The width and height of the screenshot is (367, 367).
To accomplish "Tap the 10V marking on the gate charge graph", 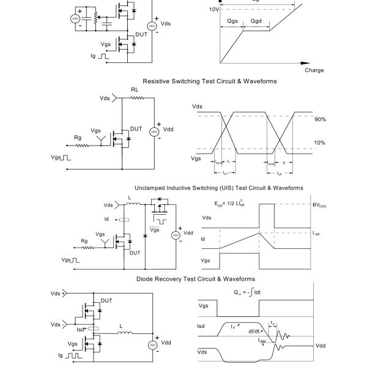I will click(x=214, y=10).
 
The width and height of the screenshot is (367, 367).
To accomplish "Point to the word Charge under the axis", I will click(x=314, y=70).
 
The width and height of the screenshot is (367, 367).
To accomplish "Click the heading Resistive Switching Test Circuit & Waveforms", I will click(x=210, y=81).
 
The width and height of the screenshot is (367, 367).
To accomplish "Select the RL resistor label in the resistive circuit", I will click(x=134, y=89).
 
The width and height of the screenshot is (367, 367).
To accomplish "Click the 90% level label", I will click(x=320, y=119).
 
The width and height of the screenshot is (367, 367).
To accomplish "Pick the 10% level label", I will click(x=320, y=143).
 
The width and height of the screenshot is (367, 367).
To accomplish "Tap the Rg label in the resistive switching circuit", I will click(x=78, y=138).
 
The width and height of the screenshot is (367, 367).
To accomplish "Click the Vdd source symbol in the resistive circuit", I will click(x=154, y=132).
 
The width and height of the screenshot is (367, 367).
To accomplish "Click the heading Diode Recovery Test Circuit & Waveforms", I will click(x=196, y=279).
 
